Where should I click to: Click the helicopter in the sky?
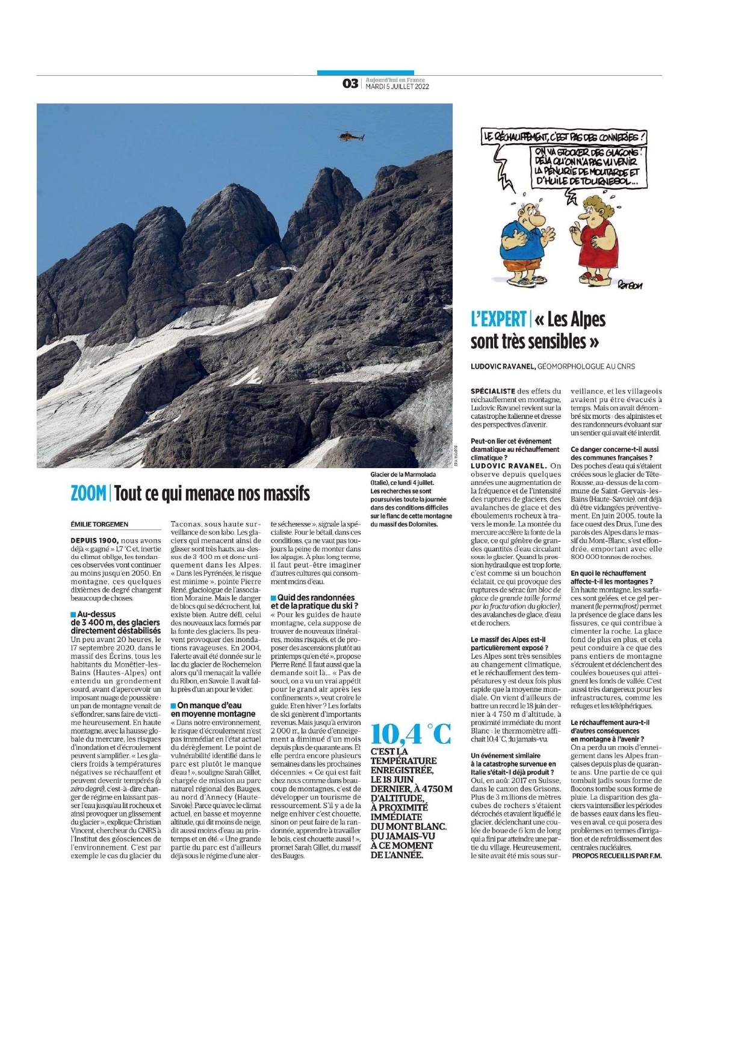(350, 137)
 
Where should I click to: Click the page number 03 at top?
(350, 84)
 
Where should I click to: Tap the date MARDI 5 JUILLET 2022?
(397, 87)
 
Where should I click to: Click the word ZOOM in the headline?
(88, 494)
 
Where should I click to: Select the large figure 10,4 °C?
(411, 734)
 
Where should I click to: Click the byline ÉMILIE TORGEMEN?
(99, 524)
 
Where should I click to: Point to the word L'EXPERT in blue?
(498, 320)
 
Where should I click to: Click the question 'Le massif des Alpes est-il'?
(507, 640)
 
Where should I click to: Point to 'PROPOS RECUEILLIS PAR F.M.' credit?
(616, 856)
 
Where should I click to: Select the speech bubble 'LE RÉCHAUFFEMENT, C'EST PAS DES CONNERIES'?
(565, 137)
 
